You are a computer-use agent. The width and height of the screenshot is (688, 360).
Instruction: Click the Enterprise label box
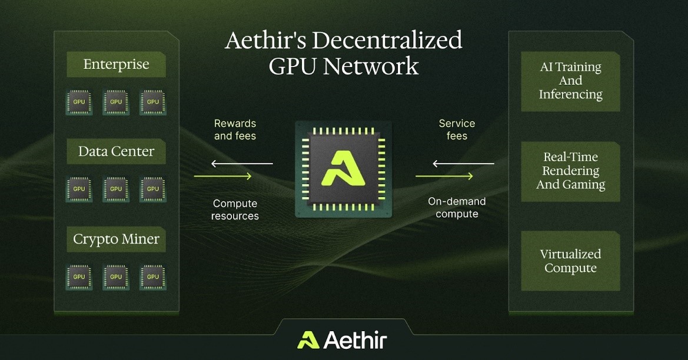117,65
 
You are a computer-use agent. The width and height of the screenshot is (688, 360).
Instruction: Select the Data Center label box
117,152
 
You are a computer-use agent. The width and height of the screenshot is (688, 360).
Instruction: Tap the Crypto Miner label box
117,239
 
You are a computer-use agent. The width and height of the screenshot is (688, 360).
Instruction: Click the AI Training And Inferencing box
570,81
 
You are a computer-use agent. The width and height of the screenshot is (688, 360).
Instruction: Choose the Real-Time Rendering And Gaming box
570,171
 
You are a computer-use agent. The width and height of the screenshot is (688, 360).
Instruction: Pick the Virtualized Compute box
570,261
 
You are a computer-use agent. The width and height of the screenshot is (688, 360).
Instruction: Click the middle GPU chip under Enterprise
116,102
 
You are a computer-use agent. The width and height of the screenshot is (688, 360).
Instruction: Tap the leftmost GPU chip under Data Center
79,189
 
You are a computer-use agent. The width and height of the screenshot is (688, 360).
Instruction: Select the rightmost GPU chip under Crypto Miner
152,277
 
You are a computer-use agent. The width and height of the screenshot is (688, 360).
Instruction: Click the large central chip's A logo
343,168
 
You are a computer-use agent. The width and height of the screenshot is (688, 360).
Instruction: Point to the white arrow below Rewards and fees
242,164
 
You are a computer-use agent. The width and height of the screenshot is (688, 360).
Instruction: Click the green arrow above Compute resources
222,176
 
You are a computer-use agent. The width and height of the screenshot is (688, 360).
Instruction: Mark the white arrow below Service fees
463,164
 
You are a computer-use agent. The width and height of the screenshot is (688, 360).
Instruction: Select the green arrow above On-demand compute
444,176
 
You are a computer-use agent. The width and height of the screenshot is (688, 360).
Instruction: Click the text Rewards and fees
235,130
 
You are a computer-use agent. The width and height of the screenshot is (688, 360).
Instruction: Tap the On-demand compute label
457,208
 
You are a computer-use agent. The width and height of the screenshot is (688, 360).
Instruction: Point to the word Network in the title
371,66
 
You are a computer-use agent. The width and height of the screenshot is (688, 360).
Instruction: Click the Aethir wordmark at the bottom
355,340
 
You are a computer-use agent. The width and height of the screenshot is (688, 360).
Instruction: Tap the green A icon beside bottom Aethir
308,340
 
